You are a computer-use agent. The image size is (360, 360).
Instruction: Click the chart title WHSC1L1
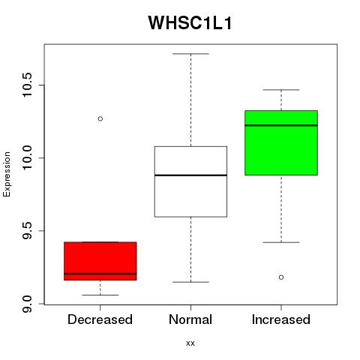point(190,23)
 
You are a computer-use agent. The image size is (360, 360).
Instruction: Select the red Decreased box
point(100,261)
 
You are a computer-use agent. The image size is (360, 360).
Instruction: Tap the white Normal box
point(190,181)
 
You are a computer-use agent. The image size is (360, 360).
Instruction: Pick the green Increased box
point(281,142)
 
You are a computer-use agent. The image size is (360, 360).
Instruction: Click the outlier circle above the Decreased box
point(100,118)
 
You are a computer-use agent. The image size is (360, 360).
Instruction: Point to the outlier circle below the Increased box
point(281,277)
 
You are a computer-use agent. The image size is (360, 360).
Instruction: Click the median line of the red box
point(100,274)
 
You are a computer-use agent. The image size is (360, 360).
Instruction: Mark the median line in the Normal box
point(190,175)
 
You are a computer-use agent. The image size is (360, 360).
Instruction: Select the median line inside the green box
point(281,125)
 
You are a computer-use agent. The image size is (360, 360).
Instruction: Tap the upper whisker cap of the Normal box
point(190,54)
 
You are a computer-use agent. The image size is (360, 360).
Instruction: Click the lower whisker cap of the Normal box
point(190,282)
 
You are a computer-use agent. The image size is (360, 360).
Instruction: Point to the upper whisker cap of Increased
point(281,90)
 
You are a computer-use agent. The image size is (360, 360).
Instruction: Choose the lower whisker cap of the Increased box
point(281,242)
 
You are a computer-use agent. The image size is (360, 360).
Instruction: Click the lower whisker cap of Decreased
point(100,295)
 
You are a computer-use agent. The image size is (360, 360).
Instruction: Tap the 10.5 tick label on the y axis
point(27,85)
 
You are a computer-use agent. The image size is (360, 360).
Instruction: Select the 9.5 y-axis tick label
point(27,231)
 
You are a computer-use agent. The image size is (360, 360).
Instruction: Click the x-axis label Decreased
point(100,319)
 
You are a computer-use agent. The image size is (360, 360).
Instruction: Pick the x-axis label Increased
point(281,319)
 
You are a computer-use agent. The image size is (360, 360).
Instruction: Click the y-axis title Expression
point(7,175)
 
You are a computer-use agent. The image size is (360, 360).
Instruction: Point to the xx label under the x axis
point(190,343)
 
